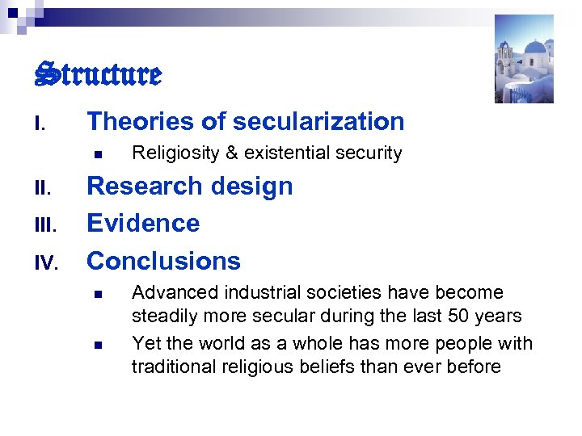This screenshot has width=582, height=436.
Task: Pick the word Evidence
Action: (143, 223)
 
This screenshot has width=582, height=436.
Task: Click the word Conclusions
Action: (163, 261)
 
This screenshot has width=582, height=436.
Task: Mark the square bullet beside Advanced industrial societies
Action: (96, 293)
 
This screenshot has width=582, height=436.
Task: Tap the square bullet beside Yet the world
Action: (96, 344)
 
